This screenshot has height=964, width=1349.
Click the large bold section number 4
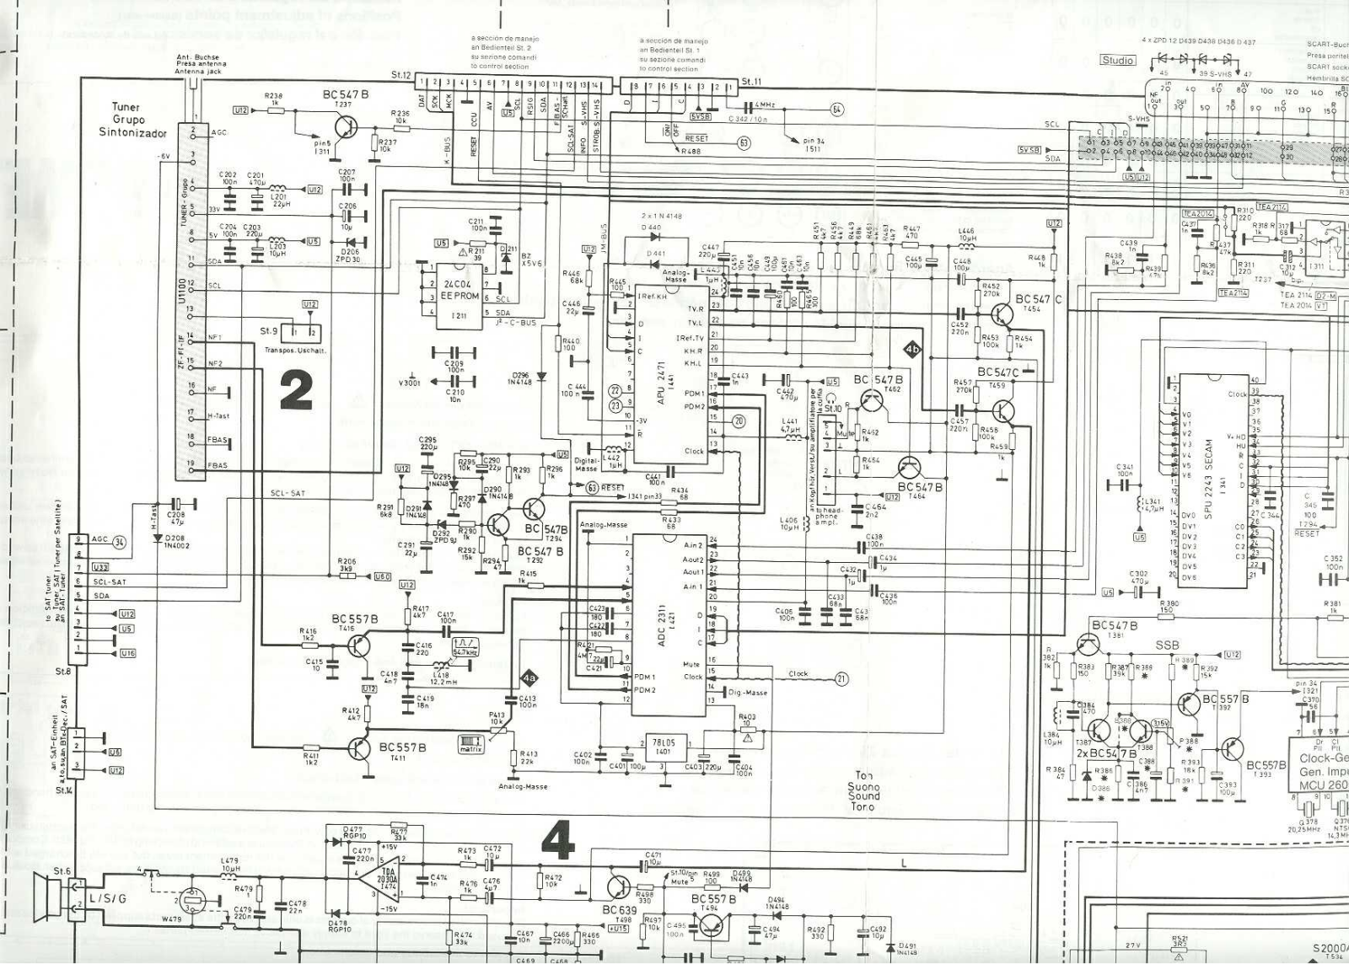pos(557,840)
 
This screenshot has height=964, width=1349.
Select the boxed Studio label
pos(1118,60)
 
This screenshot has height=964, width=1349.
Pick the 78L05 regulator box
pos(664,746)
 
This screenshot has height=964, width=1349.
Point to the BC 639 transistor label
pos(619,910)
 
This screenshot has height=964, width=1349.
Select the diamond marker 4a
pos(529,677)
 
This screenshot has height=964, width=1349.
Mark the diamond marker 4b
pos(912,348)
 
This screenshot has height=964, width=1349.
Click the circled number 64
pos(837,110)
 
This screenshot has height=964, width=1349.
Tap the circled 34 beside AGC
pos(119,542)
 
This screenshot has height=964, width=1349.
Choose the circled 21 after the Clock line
pos(841,679)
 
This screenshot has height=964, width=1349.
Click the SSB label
pos(1168,645)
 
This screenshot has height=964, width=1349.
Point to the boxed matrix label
pos(471,742)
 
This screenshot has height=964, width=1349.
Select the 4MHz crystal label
pos(766,104)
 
